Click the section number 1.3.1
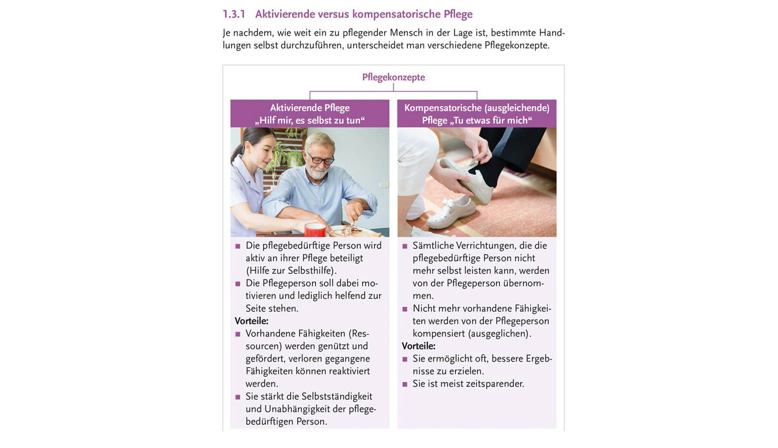[x=234, y=14]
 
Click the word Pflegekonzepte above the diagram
[x=393, y=77]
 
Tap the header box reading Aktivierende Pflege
[x=310, y=113]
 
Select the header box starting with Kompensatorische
[x=477, y=113]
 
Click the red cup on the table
[x=315, y=230]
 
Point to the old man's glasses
[x=321, y=160]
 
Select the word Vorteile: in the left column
[x=251, y=321]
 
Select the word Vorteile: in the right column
[x=418, y=346]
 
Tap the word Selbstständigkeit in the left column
[x=337, y=396]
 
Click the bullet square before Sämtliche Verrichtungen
[x=405, y=246]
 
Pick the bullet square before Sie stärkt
[x=238, y=397]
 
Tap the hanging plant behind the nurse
[x=286, y=154]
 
